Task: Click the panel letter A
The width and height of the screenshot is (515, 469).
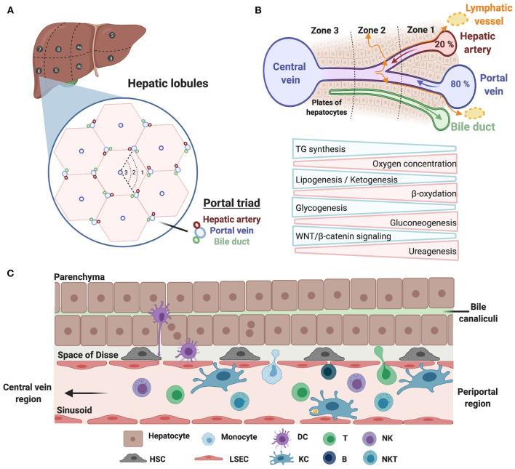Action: tap(9, 9)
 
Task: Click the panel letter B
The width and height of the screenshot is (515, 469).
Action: tap(258, 9)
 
